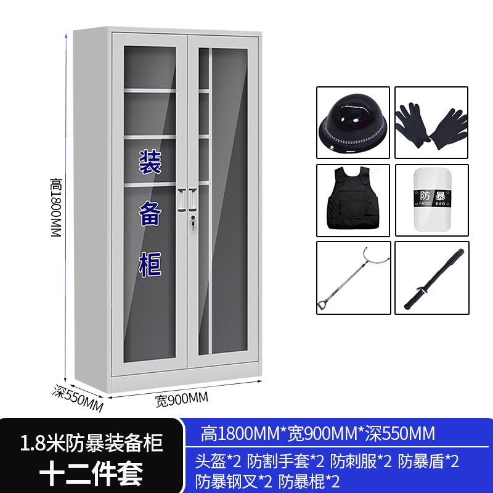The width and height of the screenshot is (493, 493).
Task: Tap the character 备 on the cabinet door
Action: pos(149,214)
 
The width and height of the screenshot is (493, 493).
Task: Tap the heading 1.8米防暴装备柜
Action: pos(91,442)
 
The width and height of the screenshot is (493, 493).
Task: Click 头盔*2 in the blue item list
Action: pos(218,461)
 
